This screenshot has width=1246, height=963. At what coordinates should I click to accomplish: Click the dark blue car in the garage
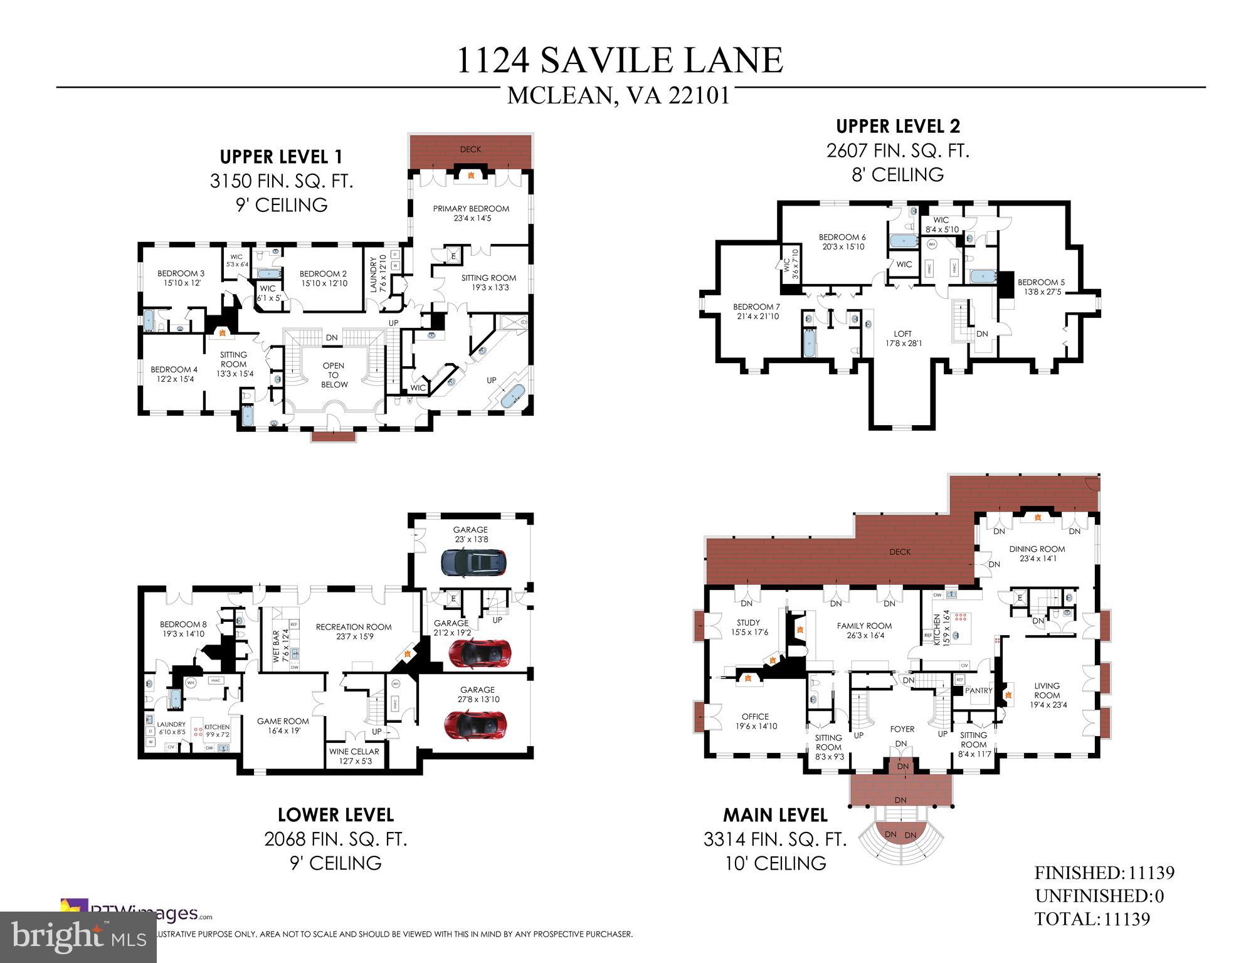tap(473, 562)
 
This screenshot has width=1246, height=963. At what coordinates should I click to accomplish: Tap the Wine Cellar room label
tap(354, 755)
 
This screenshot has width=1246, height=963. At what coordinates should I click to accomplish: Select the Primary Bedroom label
tap(471, 213)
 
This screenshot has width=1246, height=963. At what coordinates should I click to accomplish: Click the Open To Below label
tap(334, 375)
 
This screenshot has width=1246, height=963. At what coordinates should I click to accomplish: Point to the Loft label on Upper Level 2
tap(903, 338)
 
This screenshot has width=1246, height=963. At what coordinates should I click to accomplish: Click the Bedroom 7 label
tap(756, 311)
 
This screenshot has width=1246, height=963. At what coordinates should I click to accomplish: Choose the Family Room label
tap(864, 630)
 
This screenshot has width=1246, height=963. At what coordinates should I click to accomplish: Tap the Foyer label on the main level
tap(902, 729)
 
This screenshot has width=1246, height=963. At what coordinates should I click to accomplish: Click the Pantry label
tap(978, 690)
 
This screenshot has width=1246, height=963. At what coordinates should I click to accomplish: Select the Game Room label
tap(283, 725)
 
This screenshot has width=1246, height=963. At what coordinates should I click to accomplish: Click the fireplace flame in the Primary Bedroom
tap(470, 177)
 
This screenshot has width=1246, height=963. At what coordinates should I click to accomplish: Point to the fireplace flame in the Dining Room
tap(1037, 518)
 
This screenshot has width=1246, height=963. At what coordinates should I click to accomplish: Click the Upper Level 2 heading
tap(897, 126)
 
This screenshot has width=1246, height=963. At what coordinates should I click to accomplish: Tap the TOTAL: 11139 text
tap(1092, 919)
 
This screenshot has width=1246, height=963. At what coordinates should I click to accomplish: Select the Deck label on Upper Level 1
tap(470, 149)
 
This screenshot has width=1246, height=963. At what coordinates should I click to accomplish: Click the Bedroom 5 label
tap(1040, 287)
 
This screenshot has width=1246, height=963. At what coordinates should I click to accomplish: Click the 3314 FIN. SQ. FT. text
tap(775, 839)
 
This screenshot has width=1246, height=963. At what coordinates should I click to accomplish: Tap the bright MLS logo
tap(78, 937)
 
